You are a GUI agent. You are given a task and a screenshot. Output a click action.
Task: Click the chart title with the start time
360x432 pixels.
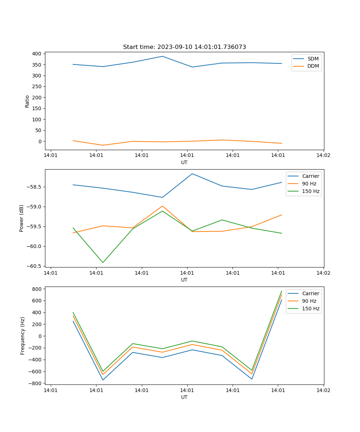point(184,47)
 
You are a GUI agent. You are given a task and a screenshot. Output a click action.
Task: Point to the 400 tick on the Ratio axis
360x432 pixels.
point(37,54)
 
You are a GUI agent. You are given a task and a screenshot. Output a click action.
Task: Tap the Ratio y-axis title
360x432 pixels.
point(27,102)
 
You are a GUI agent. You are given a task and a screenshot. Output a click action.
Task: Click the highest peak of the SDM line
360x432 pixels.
point(162,56)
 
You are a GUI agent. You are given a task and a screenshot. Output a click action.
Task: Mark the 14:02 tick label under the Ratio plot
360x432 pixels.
point(323,156)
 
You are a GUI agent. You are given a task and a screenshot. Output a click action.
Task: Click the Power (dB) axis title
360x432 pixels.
point(22,218)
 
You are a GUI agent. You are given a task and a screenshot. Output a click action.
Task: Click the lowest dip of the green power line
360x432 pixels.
point(103,262)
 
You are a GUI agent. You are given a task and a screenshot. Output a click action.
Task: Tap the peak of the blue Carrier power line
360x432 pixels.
point(192,174)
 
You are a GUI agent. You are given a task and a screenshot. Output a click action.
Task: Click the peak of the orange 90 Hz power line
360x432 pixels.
point(162,206)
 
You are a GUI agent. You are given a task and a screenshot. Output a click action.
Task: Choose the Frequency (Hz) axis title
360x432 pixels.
point(23,336)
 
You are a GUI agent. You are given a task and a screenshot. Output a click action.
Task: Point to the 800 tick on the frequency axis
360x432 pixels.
point(37,289)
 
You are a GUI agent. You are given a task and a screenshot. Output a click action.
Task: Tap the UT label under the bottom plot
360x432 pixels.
point(184,397)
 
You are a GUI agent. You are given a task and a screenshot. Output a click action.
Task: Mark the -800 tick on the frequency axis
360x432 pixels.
point(36,383)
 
